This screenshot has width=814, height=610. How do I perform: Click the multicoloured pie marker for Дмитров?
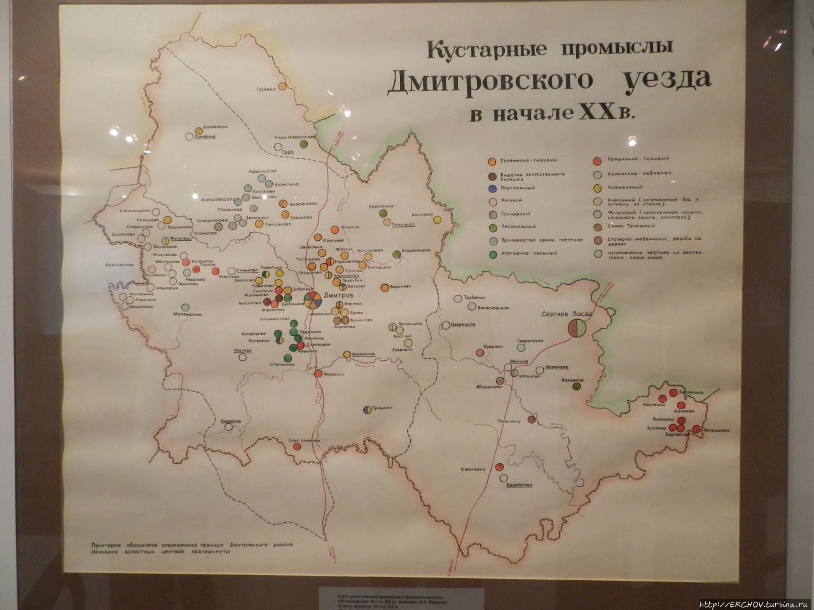coord(312,301)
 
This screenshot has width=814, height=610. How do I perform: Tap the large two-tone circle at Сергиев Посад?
coord(577,329)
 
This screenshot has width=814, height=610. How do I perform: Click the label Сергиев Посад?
coord(566,314)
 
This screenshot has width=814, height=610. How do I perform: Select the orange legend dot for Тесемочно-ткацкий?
coord(492,161)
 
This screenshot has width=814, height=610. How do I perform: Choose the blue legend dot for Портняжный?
coord(492,189)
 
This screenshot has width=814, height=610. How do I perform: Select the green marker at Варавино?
coord(577,384)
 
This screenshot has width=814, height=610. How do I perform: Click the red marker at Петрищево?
coord(696,430)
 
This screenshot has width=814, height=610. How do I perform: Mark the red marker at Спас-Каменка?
coord(297,447)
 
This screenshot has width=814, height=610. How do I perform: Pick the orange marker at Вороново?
coord(384,288)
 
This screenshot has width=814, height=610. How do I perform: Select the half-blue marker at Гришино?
coord(367,410)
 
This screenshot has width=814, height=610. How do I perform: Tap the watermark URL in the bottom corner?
coord(754,604)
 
